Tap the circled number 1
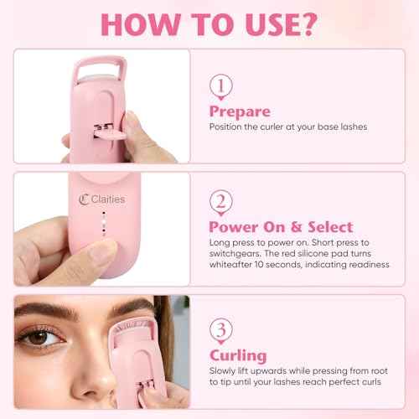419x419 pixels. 220,85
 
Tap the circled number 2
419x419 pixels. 220,202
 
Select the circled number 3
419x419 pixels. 220,329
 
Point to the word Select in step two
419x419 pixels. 322,227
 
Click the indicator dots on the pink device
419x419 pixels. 101,226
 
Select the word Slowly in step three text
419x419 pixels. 225,371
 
